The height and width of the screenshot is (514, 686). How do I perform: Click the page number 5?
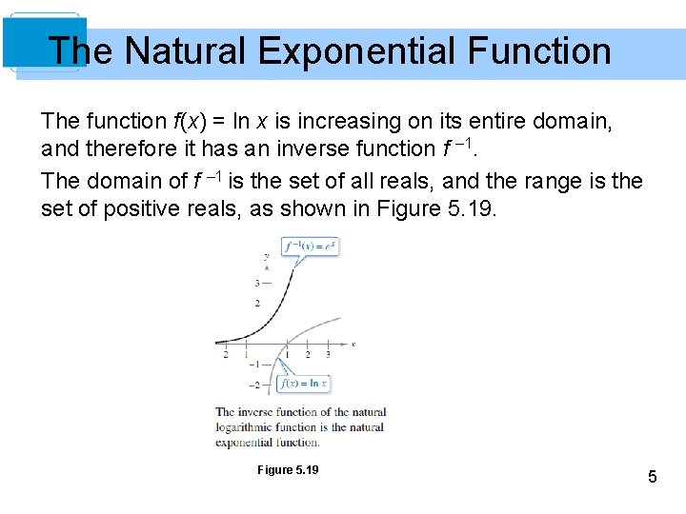click(652, 477)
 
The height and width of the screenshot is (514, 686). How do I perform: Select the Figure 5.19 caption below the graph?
click(288, 470)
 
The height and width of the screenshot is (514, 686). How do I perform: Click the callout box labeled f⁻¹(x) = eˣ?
click(310, 246)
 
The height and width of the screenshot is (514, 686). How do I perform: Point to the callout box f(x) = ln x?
click(303, 384)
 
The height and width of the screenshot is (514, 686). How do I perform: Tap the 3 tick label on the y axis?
click(257, 283)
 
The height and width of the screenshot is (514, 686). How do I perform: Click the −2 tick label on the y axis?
click(254, 385)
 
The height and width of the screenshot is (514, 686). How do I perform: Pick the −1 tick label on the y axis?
click(254, 365)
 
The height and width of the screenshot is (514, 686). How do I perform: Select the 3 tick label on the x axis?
click(328, 354)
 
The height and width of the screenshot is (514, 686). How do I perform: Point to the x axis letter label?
click(353, 343)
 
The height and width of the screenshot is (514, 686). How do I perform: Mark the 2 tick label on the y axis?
click(257, 304)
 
